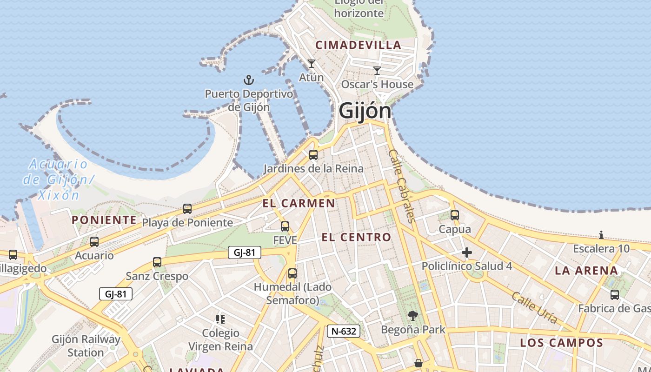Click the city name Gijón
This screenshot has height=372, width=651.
click(365, 111)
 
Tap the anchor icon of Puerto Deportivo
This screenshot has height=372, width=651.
click(249, 80)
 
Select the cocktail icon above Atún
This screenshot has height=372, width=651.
click(312, 63)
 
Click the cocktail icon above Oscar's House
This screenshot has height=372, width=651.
click(377, 71)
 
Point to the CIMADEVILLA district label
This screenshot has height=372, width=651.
click(358, 45)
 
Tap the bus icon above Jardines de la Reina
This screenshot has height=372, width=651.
click(313, 155)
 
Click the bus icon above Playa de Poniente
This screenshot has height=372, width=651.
click(187, 209)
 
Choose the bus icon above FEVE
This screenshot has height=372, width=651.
click(285, 226)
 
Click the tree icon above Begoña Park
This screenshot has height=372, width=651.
click(412, 316)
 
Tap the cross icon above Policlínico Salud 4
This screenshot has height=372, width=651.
click(467, 252)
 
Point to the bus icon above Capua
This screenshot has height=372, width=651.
click(455, 215)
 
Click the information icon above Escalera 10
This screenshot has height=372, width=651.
click(601, 235)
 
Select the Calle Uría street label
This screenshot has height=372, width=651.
click(535, 307)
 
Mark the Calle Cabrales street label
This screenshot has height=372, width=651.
click(401, 186)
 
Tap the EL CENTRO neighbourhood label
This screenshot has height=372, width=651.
click(356, 238)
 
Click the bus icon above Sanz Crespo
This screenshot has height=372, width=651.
click(157, 262)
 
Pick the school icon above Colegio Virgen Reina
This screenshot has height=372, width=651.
click(220, 319)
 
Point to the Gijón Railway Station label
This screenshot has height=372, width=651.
click(86, 346)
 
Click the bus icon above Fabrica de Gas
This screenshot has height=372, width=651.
click(615, 294)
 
